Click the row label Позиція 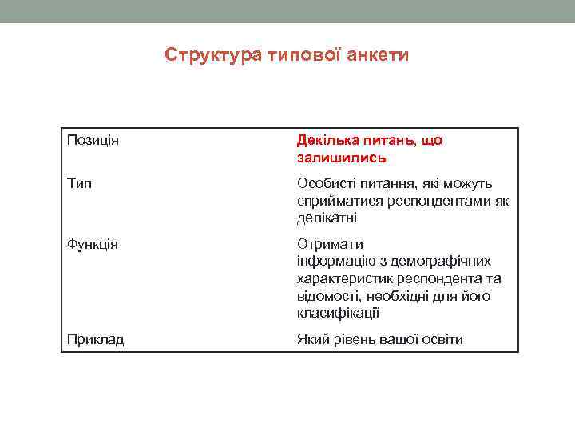click(x=93, y=141)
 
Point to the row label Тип click(x=79, y=184)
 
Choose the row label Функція click(x=93, y=244)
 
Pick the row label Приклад click(x=95, y=340)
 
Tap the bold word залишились click(x=330, y=158)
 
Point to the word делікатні click(x=327, y=218)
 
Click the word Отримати click(x=330, y=244)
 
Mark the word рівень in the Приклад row click(x=348, y=340)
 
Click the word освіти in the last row click(x=442, y=340)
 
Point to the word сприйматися click(x=336, y=201)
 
